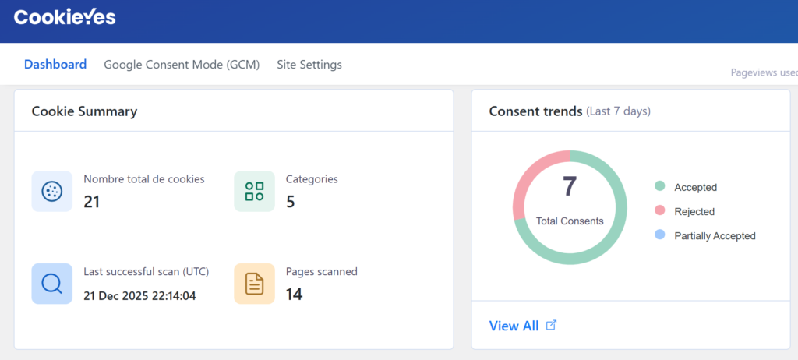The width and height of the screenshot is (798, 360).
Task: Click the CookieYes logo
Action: click(x=65, y=17)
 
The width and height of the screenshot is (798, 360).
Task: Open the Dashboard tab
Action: click(x=55, y=65)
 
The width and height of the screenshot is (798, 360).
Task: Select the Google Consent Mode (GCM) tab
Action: click(x=182, y=65)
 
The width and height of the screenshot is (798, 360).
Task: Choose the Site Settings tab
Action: click(x=309, y=65)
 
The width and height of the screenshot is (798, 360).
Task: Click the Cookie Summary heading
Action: click(x=84, y=111)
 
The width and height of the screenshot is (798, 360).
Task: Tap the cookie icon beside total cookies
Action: click(x=51, y=191)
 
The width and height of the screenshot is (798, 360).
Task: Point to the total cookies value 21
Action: click(x=92, y=203)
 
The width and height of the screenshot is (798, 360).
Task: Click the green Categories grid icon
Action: click(x=254, y=191)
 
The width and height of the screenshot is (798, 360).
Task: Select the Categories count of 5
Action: click(x=290, y=203)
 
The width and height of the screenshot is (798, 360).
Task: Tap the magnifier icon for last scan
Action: click(x=51, y=284)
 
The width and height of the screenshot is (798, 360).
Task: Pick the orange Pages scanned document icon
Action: click(x=254, y=284)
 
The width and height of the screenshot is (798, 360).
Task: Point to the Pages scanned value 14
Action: click(x=295, y=295)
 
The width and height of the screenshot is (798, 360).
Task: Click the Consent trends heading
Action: click(x=535, y=111)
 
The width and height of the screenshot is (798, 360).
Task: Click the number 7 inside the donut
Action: click(x=570, y=187)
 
